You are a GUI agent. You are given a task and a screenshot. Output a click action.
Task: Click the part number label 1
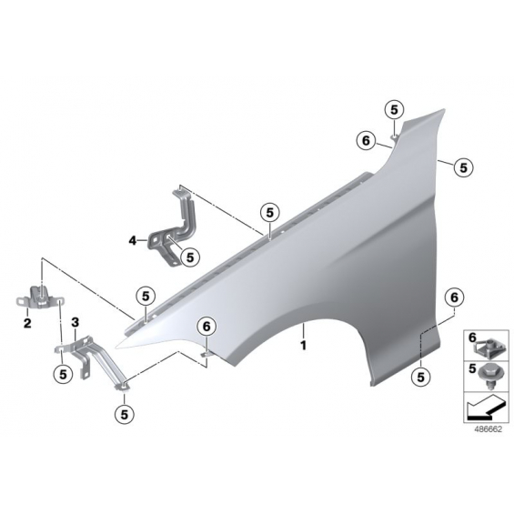pyautogui.click(x=304, y=345)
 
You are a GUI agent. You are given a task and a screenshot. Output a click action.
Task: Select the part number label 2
pyautogui.click(x=27, y=323)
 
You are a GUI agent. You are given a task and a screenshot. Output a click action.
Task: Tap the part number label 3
pyautogui.click(x=76, y=323)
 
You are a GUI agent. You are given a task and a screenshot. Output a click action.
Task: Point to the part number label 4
pyautogui.click(x=132, y=241)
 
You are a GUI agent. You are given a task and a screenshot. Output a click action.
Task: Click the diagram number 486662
pyautogui.click(x=489, y=429)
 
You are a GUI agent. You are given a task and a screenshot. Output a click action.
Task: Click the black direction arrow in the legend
pyautogui.click(x=483, y=408)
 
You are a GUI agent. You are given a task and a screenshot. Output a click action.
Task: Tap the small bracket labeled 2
pyautogui.click(x=40, y=297)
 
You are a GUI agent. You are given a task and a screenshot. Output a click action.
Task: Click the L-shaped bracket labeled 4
pyautogui.click(x=174, y=229)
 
